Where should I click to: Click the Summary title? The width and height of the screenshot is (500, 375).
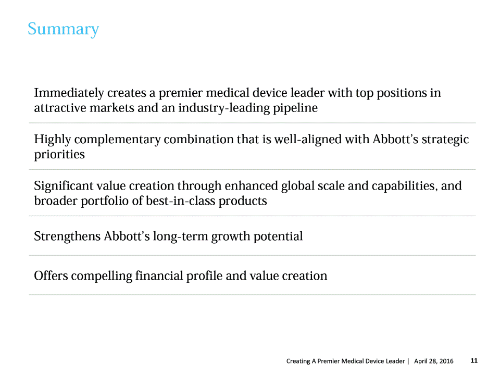point(63,30)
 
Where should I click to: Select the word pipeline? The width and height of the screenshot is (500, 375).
point(295,108)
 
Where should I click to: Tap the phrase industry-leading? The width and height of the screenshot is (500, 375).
point(224,108)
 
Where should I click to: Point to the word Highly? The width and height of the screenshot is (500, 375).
point(52,140)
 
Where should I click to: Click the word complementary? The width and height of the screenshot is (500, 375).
point(117,140)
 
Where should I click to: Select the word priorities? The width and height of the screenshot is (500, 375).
point(59,155)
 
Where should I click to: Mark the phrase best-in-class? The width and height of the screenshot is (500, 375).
point(181,201)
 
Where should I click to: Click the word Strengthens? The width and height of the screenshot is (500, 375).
point(67,236)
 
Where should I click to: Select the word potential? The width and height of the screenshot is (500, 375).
point(278,236)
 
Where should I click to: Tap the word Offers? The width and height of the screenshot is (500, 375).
point(51,276)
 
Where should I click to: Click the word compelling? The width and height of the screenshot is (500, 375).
point(102,276)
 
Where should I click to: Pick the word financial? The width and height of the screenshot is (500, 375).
point(159,276)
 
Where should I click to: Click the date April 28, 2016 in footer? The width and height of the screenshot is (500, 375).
point(434,361)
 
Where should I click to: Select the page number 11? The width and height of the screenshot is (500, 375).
point(474,360)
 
